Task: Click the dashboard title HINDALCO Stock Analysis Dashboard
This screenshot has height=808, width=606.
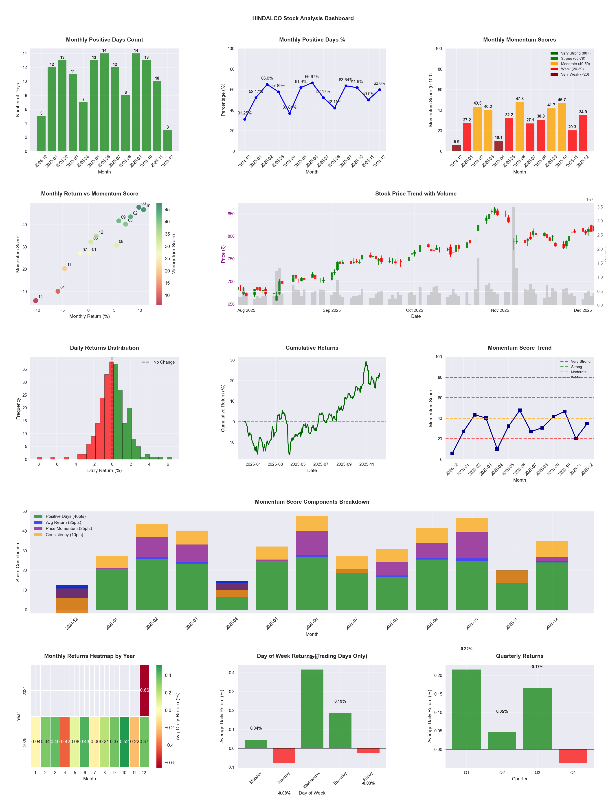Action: [303, 18]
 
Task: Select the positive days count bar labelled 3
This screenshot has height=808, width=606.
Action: [168, 141]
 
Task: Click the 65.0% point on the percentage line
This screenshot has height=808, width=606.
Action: [267, 84]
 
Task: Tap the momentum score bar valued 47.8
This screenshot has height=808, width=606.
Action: [519, 126]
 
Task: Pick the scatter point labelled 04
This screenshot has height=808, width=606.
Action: [58, 291]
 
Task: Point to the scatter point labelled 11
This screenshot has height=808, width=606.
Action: [65, 268]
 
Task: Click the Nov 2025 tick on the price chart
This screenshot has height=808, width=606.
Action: [500, 310]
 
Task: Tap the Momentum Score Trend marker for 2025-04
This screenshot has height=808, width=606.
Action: [497, 449]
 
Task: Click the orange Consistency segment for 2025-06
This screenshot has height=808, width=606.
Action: [312, 523]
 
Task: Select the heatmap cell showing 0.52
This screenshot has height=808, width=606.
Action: [124, 742]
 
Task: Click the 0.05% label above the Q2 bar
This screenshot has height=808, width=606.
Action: [502, 711]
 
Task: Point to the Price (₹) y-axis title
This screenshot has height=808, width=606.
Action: [223, 254]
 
